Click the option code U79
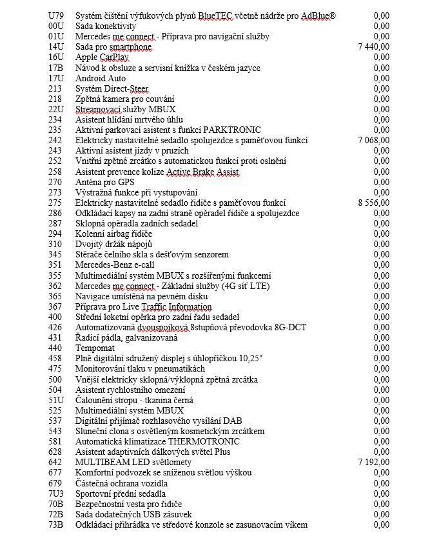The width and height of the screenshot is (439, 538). pyautogui.click(x=56, y=15)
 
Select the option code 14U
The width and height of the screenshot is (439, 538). pyautogui.click(x=56, y=46)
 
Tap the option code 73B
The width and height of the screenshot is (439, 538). pyautogui.click(x=56, y=525)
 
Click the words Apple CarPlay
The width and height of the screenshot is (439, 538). pyautogui.click(x=102, y=57)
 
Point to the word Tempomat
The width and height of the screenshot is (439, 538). pyautogui.click(x=96, y=348)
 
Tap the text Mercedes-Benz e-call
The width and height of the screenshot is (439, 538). pyautogui.click(x=115, y=264)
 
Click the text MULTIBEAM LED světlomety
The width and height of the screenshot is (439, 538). pyautogui.click(x=133, y=463)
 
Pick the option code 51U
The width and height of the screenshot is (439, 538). pyautogui.click(x=56, y=400)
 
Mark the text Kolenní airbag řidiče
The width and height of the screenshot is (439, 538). pyautogui.click(x=114, y=234)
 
